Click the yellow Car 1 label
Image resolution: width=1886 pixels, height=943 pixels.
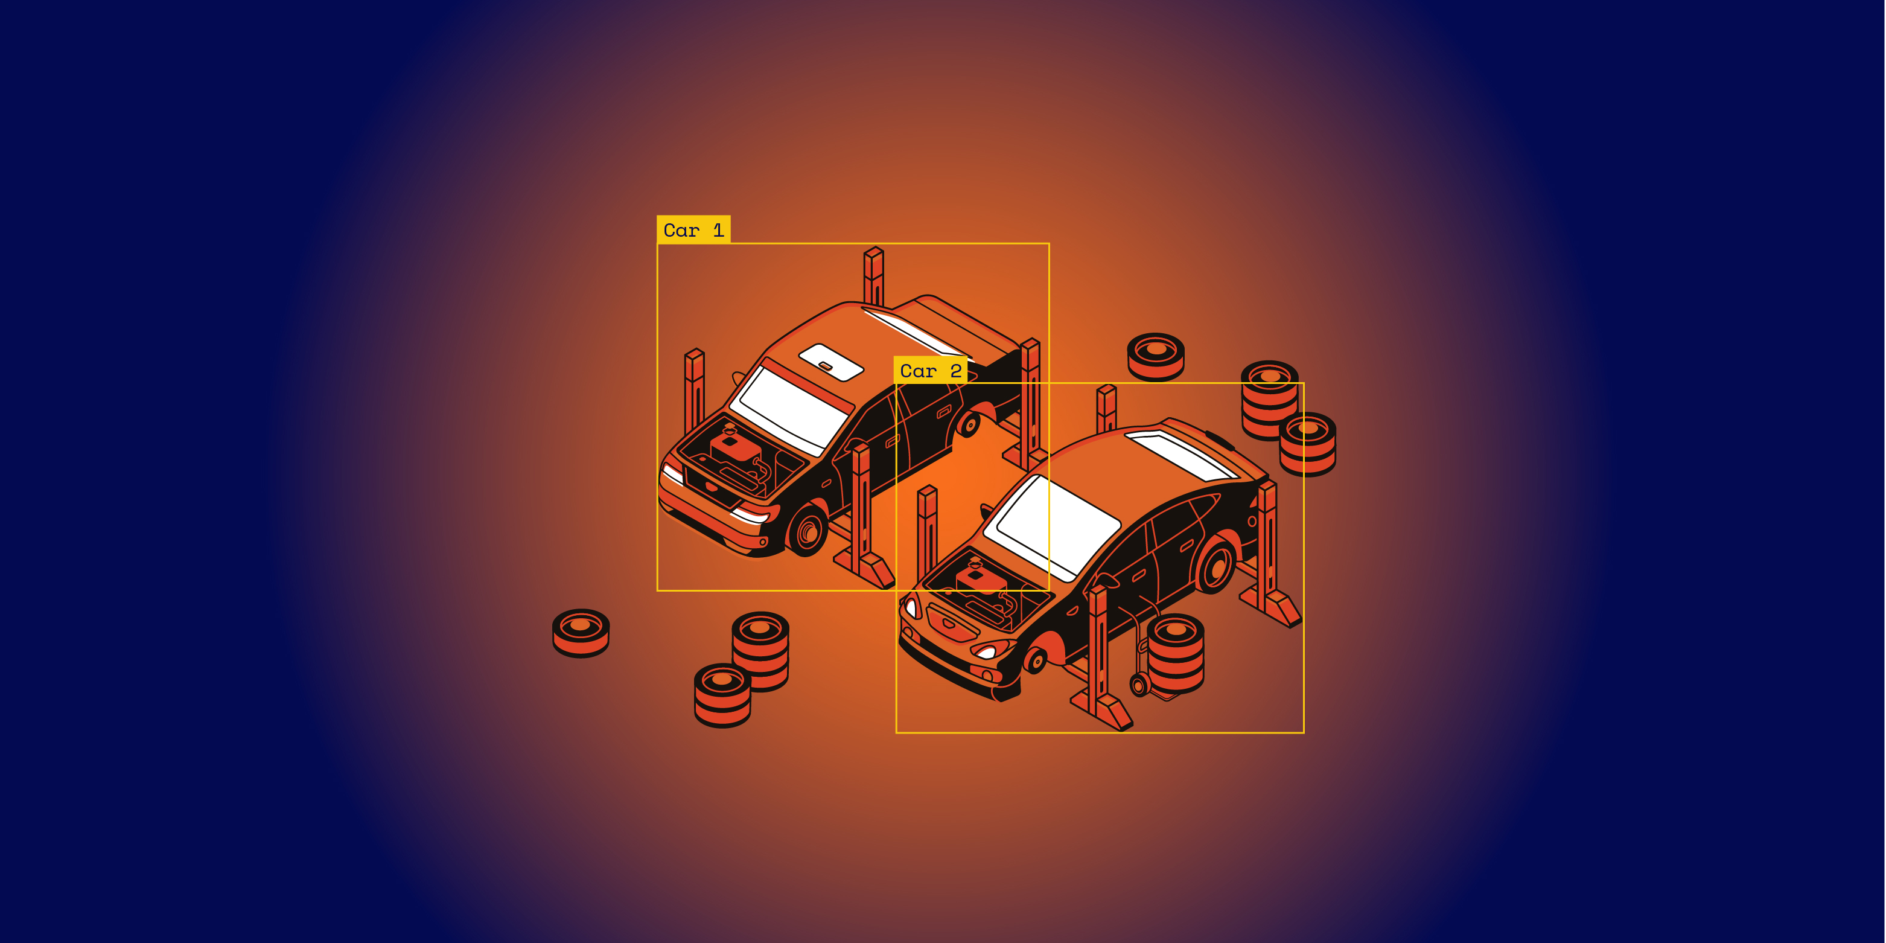(x=693, y=230)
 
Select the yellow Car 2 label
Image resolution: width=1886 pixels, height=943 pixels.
(x=931, y=371)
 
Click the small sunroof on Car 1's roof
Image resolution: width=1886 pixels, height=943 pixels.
(x=831, y=362)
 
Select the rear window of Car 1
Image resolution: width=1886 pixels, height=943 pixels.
(x=915, y=331)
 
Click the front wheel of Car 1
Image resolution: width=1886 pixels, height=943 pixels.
(x=807, y=529)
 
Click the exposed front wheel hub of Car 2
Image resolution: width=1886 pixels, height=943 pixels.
(x=1034, y=661)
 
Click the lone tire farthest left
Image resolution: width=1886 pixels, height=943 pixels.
(x=581, y=633)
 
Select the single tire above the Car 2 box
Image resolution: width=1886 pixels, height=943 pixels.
(x=1155, y=357)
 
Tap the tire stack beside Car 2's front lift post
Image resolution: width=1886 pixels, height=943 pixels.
(x=1175, y=653)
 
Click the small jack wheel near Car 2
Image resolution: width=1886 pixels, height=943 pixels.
(x=1139, y=685)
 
